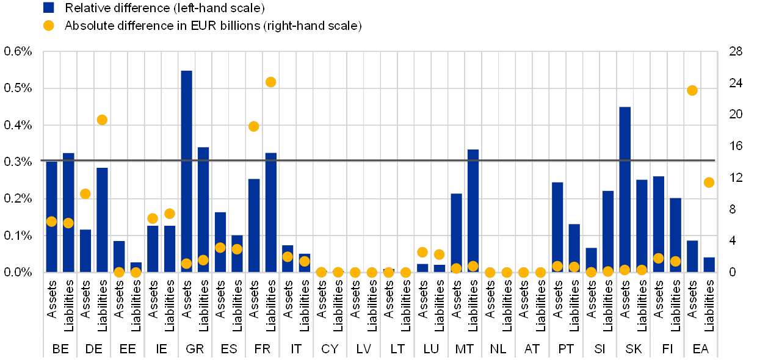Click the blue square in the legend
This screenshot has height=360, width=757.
pyautogui.click(x=49, y=8)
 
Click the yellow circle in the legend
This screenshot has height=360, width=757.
pyautogui.click(x=49, y=26)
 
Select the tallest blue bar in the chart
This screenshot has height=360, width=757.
pyautogui.click(x=186, y=171)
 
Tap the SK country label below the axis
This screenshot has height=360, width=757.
pyautogui.click(x=634, y=349)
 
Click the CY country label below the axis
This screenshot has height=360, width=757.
pyautogui.click(x=330, y=349)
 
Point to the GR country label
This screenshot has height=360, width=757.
pyautogui.click(x=195, y=349)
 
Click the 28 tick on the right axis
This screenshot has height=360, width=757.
pyautogui.click(x=736, y=51)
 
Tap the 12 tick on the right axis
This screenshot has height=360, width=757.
pyautogui.click(x=736, y=177)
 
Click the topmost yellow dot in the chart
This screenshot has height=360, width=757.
pyautogui.click(x=270, y=82)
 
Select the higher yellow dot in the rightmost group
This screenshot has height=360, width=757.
pyautogui.click(x=692, y=90)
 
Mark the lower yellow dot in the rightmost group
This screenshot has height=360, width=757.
pyautogui.click(x=709, y=182)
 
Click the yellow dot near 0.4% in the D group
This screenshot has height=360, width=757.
pyautogui.click(x=102, y=120)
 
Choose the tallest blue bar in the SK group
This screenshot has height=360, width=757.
pyautogui.click(x=625, y=189)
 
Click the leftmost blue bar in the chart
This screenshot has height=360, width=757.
pyautogui.click(x=51, y=217)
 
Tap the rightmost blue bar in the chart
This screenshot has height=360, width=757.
pyautogui.click(x=709, y=265)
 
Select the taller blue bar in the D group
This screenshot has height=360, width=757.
pyautogui.click(x=102, y=220)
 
